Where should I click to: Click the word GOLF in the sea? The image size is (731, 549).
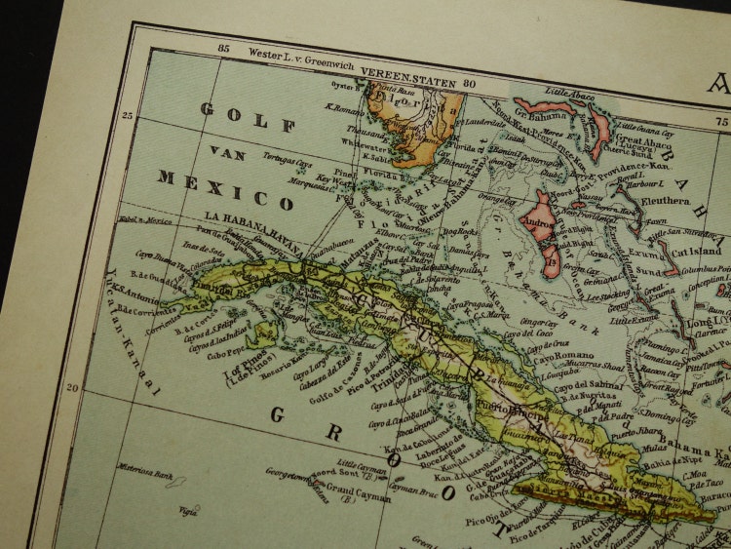[x=248, y=117]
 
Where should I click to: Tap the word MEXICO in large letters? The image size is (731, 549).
[x=225, y=190]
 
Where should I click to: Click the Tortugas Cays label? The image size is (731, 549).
[x=290, y=162]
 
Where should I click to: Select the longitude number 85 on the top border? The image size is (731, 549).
[x=223, y=47]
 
